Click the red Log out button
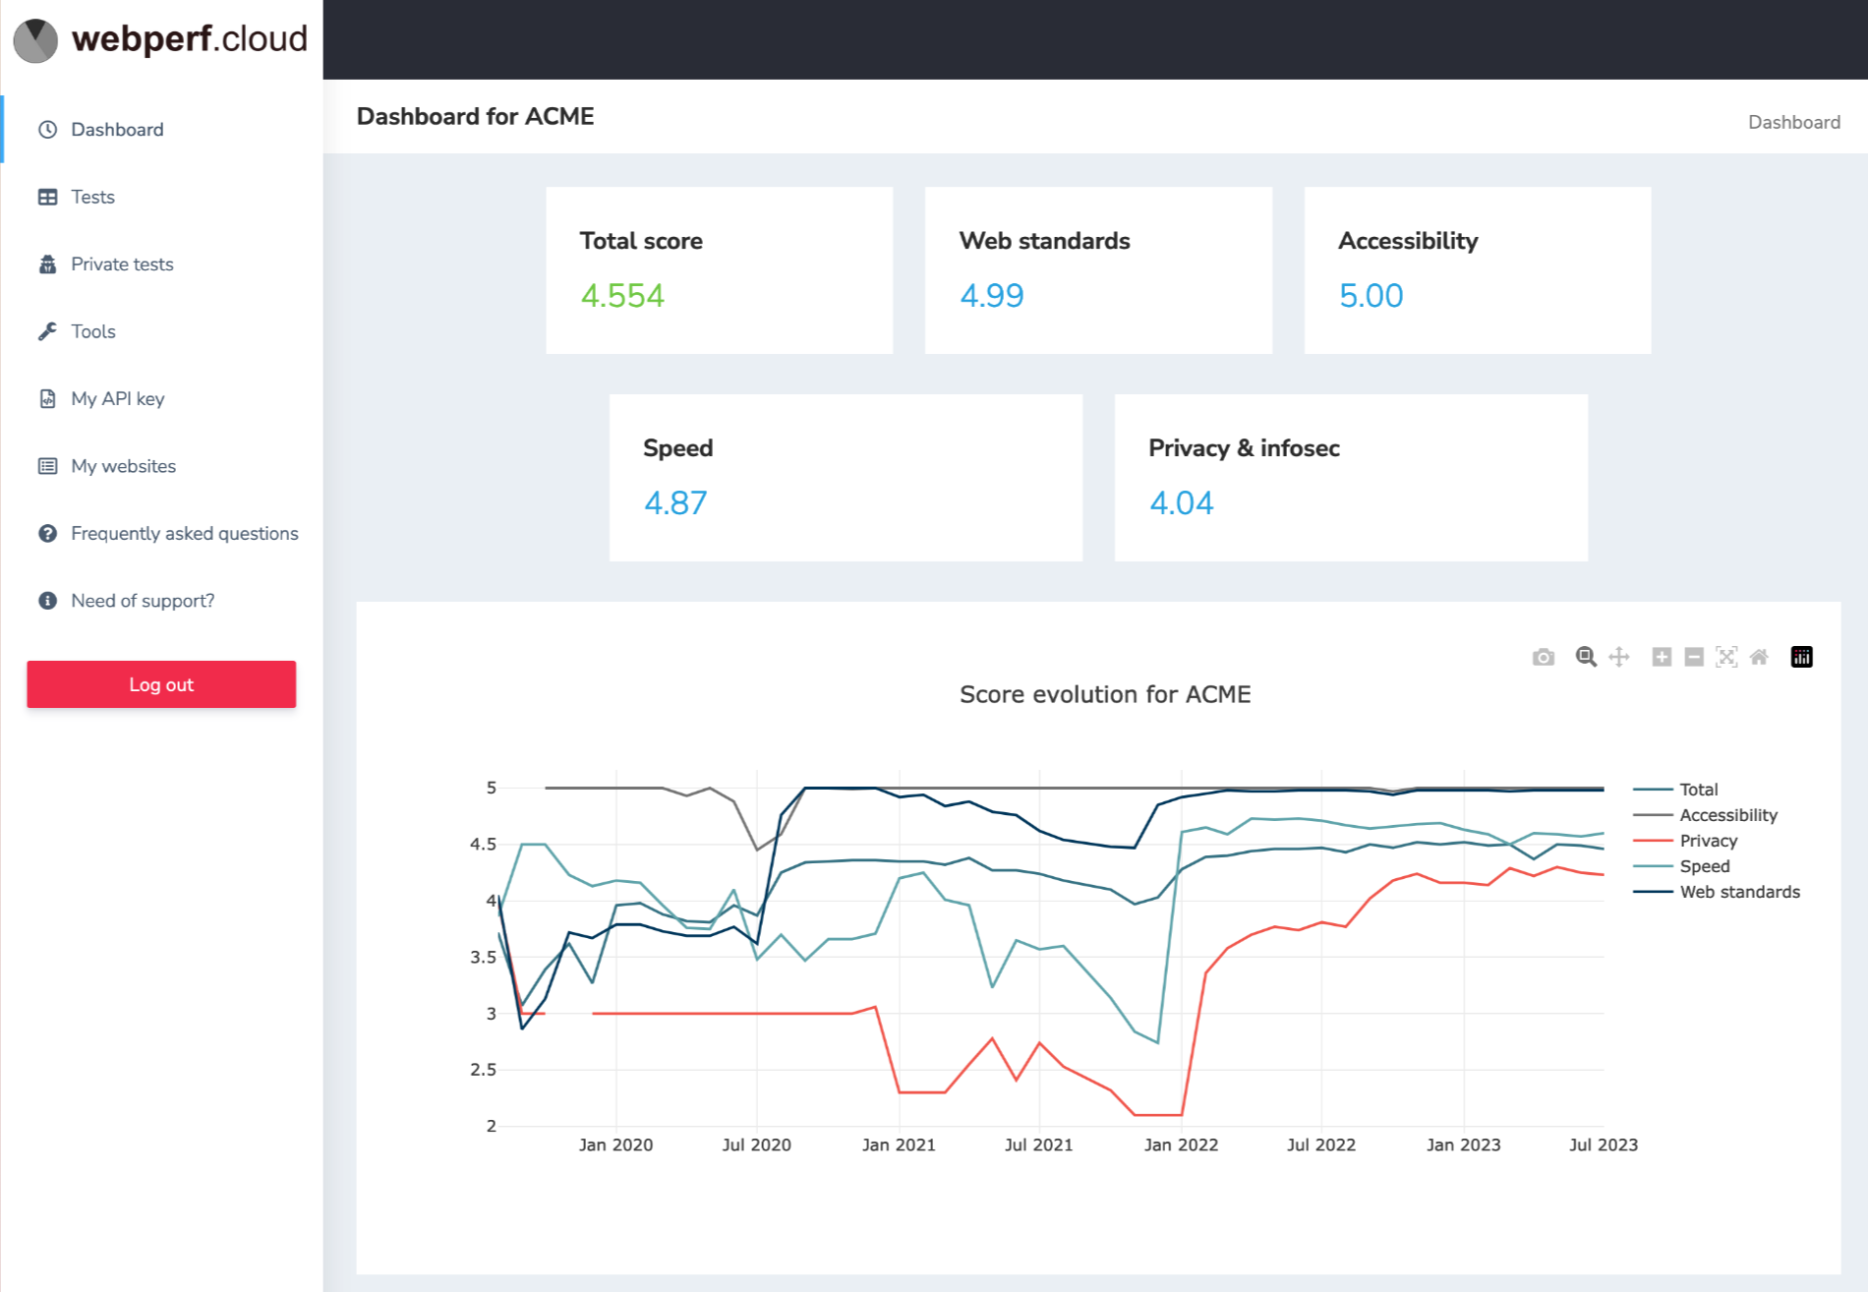[161, 684]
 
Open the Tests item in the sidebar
[92, 197]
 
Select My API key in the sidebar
[117, 398]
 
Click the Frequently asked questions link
[184, 533]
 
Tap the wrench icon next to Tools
[47, 331]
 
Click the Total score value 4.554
[622, 296]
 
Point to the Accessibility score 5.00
[1371, 296]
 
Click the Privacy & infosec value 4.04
[1181, 503]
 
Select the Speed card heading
[677, 448]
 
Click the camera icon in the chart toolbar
[1544, 657]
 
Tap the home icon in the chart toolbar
[1759, 657]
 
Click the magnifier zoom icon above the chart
[1585, 657]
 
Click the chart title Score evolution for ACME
[1104, 694]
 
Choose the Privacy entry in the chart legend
[1708, 841]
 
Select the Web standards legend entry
[1739, 892]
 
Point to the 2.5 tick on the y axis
[483, 1070]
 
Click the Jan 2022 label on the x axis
[1181, 1145]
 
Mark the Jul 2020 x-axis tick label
[756, 1145]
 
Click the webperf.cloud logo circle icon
[35, 40]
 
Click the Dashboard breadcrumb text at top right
[1793, 122]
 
